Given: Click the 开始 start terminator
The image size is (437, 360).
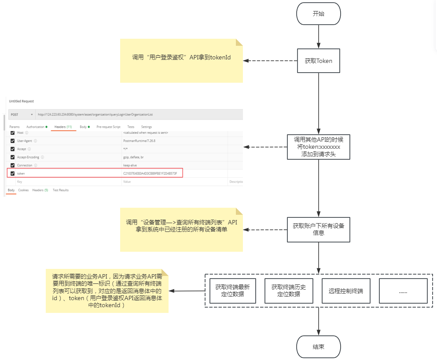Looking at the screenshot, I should click(x=318, y=14).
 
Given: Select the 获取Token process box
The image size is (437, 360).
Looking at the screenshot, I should click(x=318, y=61).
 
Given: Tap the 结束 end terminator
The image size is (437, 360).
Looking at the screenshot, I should click(x=318, y=347).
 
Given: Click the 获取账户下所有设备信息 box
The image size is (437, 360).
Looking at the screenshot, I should click(x=318, y=229).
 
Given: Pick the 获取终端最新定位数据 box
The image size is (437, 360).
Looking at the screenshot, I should click(x=232, y=290).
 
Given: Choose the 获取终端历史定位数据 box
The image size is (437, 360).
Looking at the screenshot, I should click(x=288, y=290).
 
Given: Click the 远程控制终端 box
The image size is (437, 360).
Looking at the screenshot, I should click(x=346, y=290).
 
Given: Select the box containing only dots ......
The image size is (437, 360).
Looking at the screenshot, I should click(x=403, y=290).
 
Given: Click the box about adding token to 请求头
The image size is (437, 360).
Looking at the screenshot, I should click(x=318, y=147).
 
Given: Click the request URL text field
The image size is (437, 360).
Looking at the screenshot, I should click(x=132, y=114).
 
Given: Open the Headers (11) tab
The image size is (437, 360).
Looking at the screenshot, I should click(x=63, y=127).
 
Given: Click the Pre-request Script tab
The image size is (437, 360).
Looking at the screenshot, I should click(x=108, y=127).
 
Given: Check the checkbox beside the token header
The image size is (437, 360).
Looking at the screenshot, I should click(x=12, y=173).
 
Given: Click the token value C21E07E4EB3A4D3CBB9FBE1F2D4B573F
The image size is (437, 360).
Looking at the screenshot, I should click(x=150, y=173).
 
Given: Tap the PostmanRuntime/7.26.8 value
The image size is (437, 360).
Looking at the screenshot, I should click(x=139, y=141).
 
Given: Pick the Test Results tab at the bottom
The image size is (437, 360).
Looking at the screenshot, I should click(x=61, y=190).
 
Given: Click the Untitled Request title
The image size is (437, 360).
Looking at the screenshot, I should click(x=21, y=101).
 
